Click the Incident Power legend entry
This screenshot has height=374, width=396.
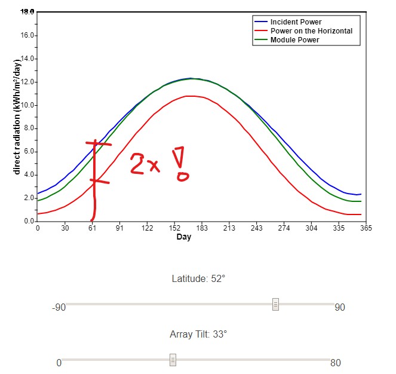pyautogui.click(x=296, y=22)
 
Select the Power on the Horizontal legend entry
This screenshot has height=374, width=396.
pyautogui.click(x=311, y=31)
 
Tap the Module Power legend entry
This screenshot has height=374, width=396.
pyautogui.click(x=294, y=40)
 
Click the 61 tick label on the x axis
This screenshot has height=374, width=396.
pyautogui.click(x=92, y=228)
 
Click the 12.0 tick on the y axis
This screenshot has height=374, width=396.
pyautogui.click(x=27, y=82)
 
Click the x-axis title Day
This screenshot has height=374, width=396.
pyautogui.click(x=183, y=237)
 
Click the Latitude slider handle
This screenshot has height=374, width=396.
pyautogui.click(x=275, y=304)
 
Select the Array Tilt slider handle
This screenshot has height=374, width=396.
pyautogui.click(x=173, y=360)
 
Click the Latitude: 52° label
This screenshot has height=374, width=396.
pyautogui.click(x=198, y=278)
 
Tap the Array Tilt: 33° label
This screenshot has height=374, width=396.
pyautogui.click(x=198, y=334)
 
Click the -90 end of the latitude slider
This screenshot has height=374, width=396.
pyautogui.click(x=59, y=308)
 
